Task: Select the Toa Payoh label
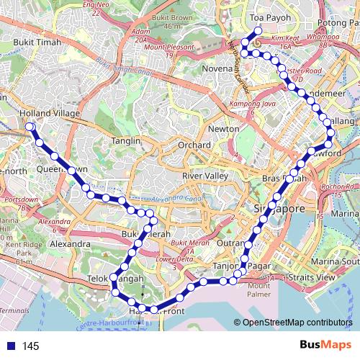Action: pos(264,15)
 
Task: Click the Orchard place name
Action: pos(194,145)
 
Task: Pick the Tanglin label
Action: pos(126,141)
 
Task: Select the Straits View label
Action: pos(315,276)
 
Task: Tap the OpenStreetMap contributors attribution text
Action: pos(297,322)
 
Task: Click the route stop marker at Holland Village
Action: pos(30,127)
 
